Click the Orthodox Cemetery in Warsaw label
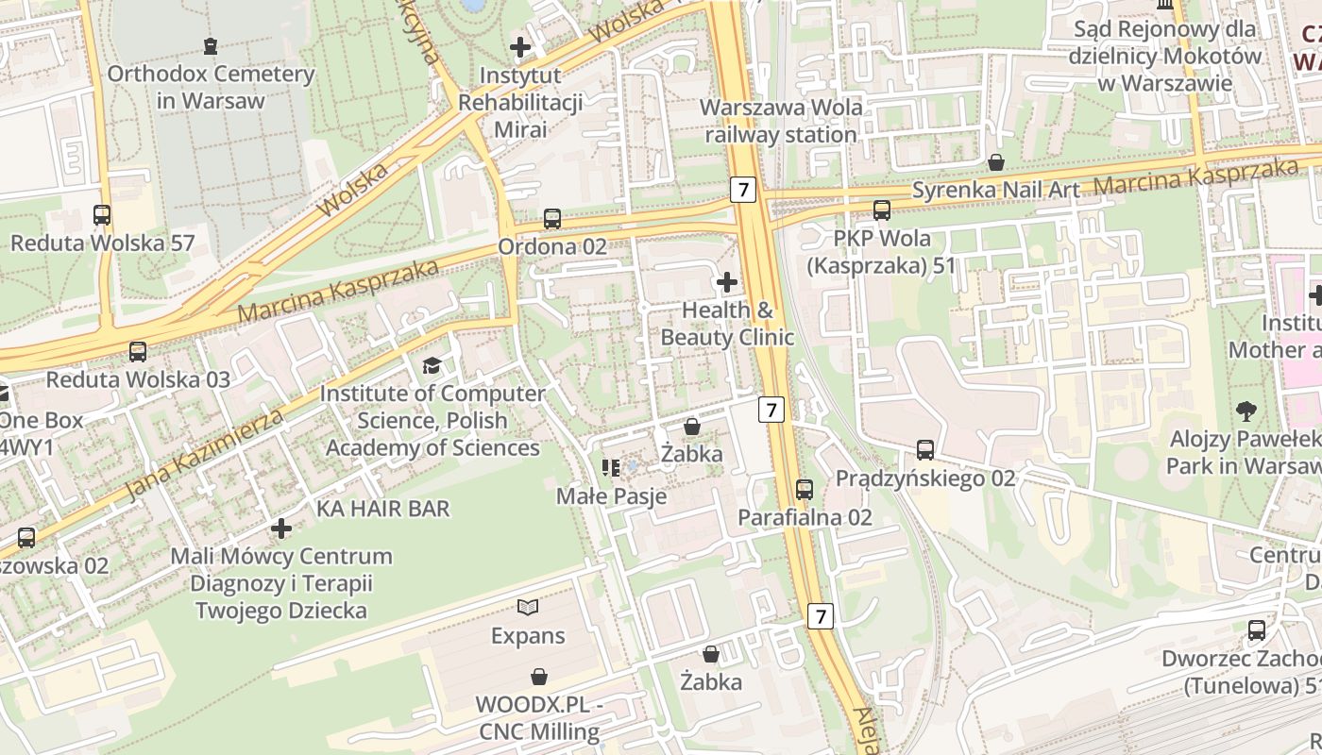point(210,86)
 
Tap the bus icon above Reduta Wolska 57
point(102,215)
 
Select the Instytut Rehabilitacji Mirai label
point(520,101)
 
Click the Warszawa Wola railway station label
point(781,121)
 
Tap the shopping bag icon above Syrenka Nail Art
point(995,163)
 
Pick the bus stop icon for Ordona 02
point(552,220)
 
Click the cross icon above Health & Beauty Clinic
point(727,282)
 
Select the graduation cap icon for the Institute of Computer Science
point(432,365)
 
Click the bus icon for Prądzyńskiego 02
point(925,450)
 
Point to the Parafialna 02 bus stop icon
point(805,490)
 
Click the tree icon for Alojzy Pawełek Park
point(1246,411)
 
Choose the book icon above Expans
point(528,608)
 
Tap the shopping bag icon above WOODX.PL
point(539,677)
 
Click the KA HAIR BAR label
point(382,509)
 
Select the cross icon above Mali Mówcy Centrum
point(281,528)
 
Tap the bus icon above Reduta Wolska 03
point(138,352)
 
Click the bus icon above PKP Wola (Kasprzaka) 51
point(882,210)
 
